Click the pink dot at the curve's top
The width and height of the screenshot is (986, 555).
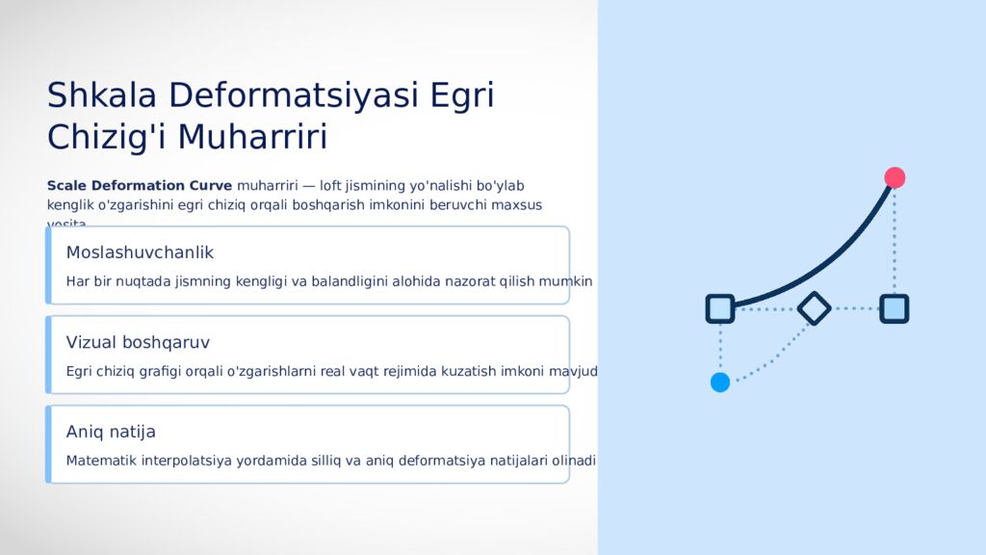895,177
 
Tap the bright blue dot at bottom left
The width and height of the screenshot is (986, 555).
720,383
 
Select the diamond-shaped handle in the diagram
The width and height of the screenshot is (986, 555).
815,308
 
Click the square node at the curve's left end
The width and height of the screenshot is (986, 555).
720,308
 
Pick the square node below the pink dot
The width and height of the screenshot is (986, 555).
895,308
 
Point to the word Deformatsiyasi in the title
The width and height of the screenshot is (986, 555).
294,95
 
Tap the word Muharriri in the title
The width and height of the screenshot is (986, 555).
252,137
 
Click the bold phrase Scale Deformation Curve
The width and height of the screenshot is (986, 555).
140,185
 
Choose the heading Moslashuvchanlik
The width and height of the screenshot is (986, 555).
140,252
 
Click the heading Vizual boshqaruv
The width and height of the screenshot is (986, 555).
138,342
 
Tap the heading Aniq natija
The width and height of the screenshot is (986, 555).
111,432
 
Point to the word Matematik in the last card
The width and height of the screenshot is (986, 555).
101,461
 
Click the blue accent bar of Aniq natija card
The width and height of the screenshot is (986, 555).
48,444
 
